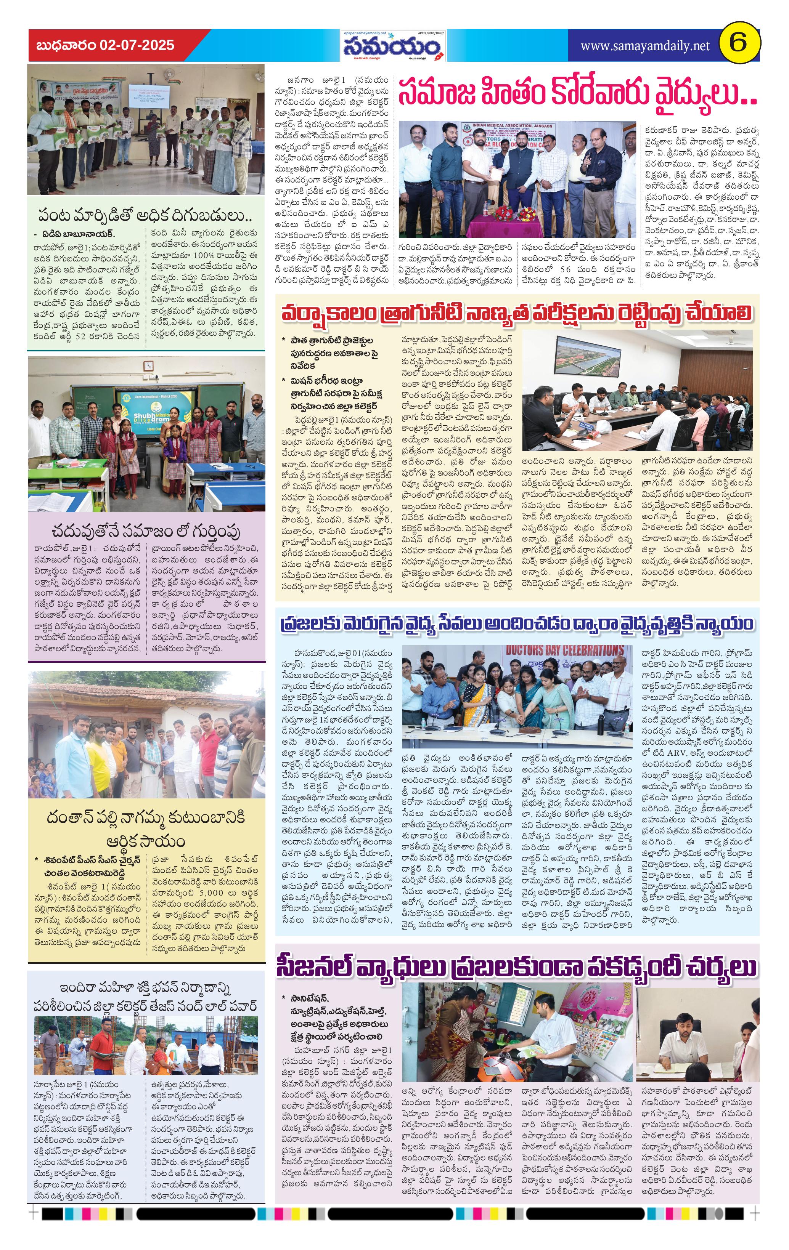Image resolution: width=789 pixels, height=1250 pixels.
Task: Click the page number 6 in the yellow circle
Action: pyautogui.click(x=738, y=43)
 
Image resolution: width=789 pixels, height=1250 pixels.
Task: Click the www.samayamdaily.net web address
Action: pyautogui.click(x=644, y=46)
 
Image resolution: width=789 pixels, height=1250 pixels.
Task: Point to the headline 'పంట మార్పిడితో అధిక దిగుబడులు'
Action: pyautogui.click(x=145, y=215)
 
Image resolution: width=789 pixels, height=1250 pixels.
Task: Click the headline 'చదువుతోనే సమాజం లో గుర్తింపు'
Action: pyautogui.click(x=146, y=531)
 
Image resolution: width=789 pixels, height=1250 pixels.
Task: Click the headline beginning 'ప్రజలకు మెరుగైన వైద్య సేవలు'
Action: pyautogui.click(x=516, y=625)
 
